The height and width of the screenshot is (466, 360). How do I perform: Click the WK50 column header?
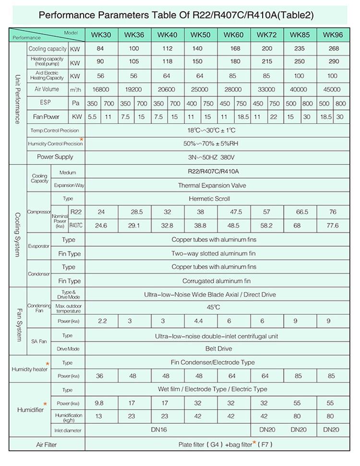[x=200, y=35]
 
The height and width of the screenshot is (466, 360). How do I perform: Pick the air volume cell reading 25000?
[x=200, y=90]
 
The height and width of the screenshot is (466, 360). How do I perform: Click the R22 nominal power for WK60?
[x=236, y=212]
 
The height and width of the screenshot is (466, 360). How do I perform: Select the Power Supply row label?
[x=55, y=157]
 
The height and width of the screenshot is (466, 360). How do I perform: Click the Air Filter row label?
[x=47, y=444]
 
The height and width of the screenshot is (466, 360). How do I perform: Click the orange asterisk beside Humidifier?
[x=45, y=404]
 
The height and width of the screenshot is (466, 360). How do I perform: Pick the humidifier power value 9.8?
[x=100, y=403]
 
